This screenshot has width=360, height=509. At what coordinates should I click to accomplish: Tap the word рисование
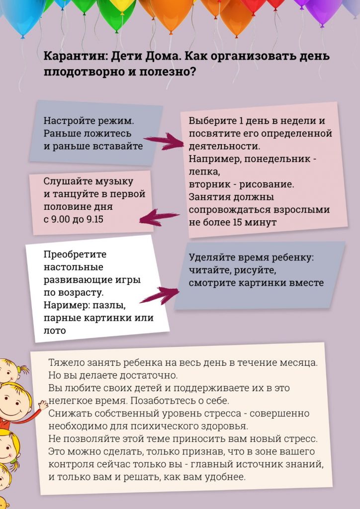pyautogui.click(x=266, y=184)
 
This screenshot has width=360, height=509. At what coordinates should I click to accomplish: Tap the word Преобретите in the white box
pyautogui.click(x=75, y=254)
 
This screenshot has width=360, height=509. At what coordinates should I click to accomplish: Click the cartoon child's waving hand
pyautogui.click(x=43, y=404)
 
